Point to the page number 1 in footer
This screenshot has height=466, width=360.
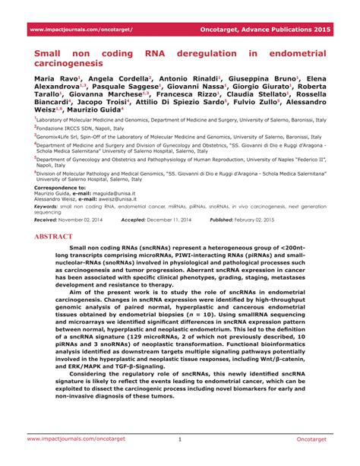click(x=180, y=440)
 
